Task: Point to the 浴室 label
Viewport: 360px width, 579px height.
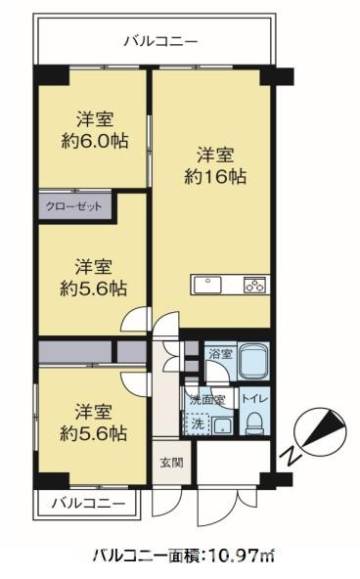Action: tap(220, 353)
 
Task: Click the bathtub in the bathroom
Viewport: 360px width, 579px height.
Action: tap(252, 362)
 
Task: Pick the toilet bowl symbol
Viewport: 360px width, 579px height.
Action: tap(253, 423)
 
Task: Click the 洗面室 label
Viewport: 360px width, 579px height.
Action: tap(206, 399)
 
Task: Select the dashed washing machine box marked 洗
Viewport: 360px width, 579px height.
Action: tap(198, 424)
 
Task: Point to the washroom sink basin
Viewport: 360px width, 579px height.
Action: tap(222, 424)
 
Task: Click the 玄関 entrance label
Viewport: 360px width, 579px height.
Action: tap(171, 463)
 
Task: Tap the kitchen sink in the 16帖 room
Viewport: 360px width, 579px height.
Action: tap(209, 285)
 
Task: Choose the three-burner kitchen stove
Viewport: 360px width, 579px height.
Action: tap(254, 285)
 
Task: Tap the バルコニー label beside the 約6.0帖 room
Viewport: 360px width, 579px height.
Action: tap(161, 41)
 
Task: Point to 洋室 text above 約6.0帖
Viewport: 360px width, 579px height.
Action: tap(96, 119)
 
